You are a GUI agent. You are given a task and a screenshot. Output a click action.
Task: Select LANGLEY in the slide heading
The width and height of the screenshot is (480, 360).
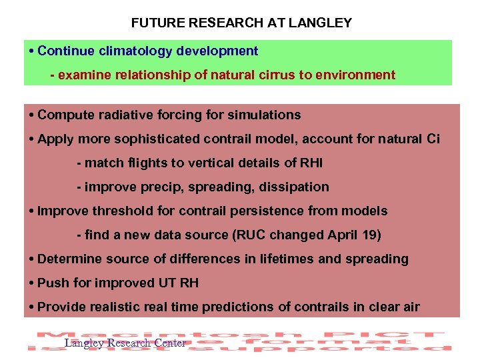321,23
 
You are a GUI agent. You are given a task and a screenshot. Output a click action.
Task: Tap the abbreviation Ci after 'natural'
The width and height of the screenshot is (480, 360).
432,139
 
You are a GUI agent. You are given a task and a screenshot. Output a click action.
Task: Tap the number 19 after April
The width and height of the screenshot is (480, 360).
355,235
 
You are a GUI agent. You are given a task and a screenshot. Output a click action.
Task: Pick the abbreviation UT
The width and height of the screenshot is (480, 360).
167,283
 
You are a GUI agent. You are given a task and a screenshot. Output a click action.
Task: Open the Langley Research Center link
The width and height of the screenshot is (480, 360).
125,343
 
